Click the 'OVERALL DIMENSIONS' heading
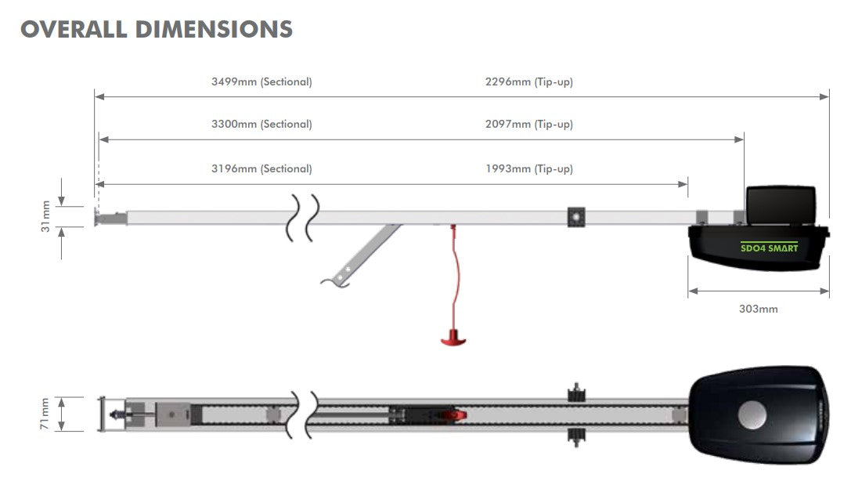[x=157, y=29]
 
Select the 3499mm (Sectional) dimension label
[x=261, y=81]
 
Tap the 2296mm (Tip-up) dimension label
[x=529, y=81]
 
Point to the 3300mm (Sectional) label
[x=261, y=124]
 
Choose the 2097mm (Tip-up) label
[x=529, y=124]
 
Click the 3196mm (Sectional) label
[x=261, y=168]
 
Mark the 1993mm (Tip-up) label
[x=529, y=168]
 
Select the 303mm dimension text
[x=758, y=309]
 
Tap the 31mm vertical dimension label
[x=45, y=216]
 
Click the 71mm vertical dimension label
[x=45, y=413]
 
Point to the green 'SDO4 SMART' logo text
[x=769, y=248]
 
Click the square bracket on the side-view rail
[x=577, y=217]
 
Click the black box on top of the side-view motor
[x=781, y=204]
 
